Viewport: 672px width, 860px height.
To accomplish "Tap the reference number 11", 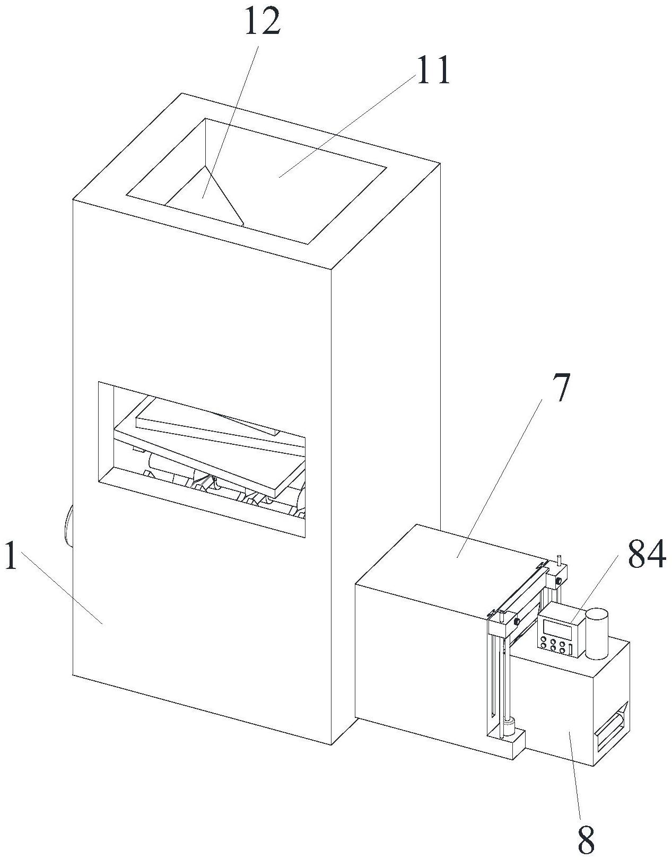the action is (433, 70).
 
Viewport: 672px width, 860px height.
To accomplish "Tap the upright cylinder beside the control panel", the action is (597, 634).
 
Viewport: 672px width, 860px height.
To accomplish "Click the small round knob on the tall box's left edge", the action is (68, 525).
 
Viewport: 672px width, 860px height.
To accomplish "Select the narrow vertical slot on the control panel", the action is (571, 649).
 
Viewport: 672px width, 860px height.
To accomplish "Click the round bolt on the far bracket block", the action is (558, 581).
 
